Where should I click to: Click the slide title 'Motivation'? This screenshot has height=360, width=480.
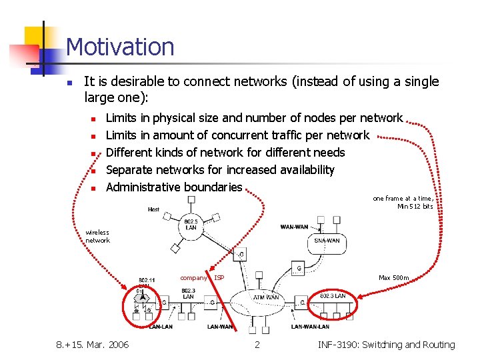pos(120,47)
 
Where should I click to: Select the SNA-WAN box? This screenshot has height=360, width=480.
pos(326,241)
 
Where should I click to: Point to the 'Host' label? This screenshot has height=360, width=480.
pos(153,209)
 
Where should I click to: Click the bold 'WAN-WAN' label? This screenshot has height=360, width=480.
pos(294,227)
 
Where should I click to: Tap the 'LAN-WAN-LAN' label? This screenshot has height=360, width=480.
pos(310,327)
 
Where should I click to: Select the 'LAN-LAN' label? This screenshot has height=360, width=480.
pos(161,327)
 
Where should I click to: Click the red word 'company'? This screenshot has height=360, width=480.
pos(193,277)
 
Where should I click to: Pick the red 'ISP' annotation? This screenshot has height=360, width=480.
pos(219,277)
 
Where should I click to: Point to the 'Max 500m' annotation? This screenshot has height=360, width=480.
pos(394,277)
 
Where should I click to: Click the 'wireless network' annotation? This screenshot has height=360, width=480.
pos(97,237)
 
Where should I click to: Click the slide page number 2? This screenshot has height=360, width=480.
pos(257,345)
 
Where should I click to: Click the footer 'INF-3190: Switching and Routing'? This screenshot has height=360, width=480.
pos(386,345)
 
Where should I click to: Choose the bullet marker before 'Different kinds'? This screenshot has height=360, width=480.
pos(94,153)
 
